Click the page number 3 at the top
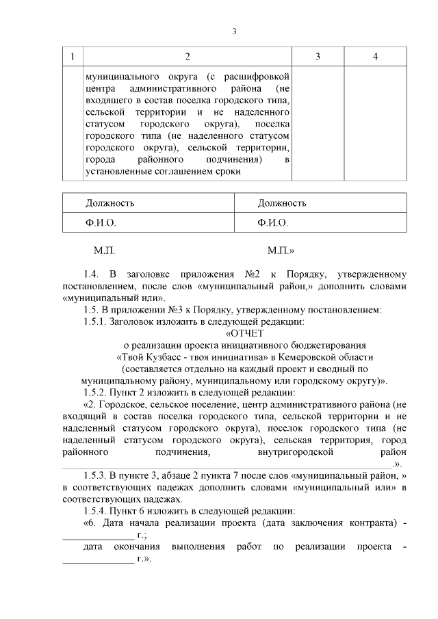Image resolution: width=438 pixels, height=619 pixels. (x=234, y=31)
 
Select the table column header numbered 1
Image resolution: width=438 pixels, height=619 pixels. (x=72, y=57)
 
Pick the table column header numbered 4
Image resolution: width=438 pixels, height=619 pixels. (x=375, y=57)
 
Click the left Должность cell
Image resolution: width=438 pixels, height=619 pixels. (x=109, y=203)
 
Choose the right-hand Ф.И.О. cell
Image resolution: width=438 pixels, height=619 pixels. (x=272, y=223)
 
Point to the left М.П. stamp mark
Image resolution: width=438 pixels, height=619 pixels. (x=105, y=251)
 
